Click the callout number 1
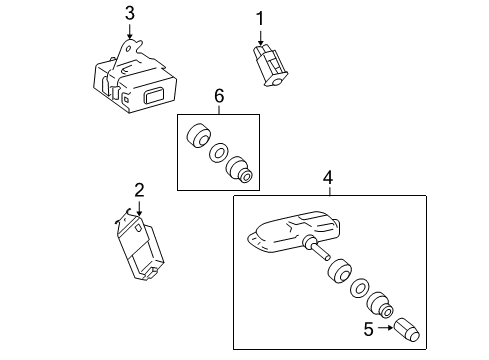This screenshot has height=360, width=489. coord(260,19)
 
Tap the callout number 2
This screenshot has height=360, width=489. coord(139,190)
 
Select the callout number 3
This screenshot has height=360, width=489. coord(130,13)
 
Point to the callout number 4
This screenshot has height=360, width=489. coord(328,178)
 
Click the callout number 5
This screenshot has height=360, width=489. coord(369,329)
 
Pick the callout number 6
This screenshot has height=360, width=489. coord(219,96)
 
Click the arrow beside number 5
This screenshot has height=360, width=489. coord(386,328)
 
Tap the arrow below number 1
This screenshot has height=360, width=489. coord(260,37)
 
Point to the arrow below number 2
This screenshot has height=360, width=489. coord(139,207)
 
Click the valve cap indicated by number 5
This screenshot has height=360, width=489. coord(407,330)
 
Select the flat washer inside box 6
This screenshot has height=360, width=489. coord(219,153)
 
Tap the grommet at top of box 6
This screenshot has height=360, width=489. coord(198,136)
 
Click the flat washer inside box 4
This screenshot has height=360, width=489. coord(360,287)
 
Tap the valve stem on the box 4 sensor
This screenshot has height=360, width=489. coord(318,249)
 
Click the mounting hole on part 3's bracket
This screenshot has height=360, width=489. coord(129,49)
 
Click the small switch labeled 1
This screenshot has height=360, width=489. coord(270,65)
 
